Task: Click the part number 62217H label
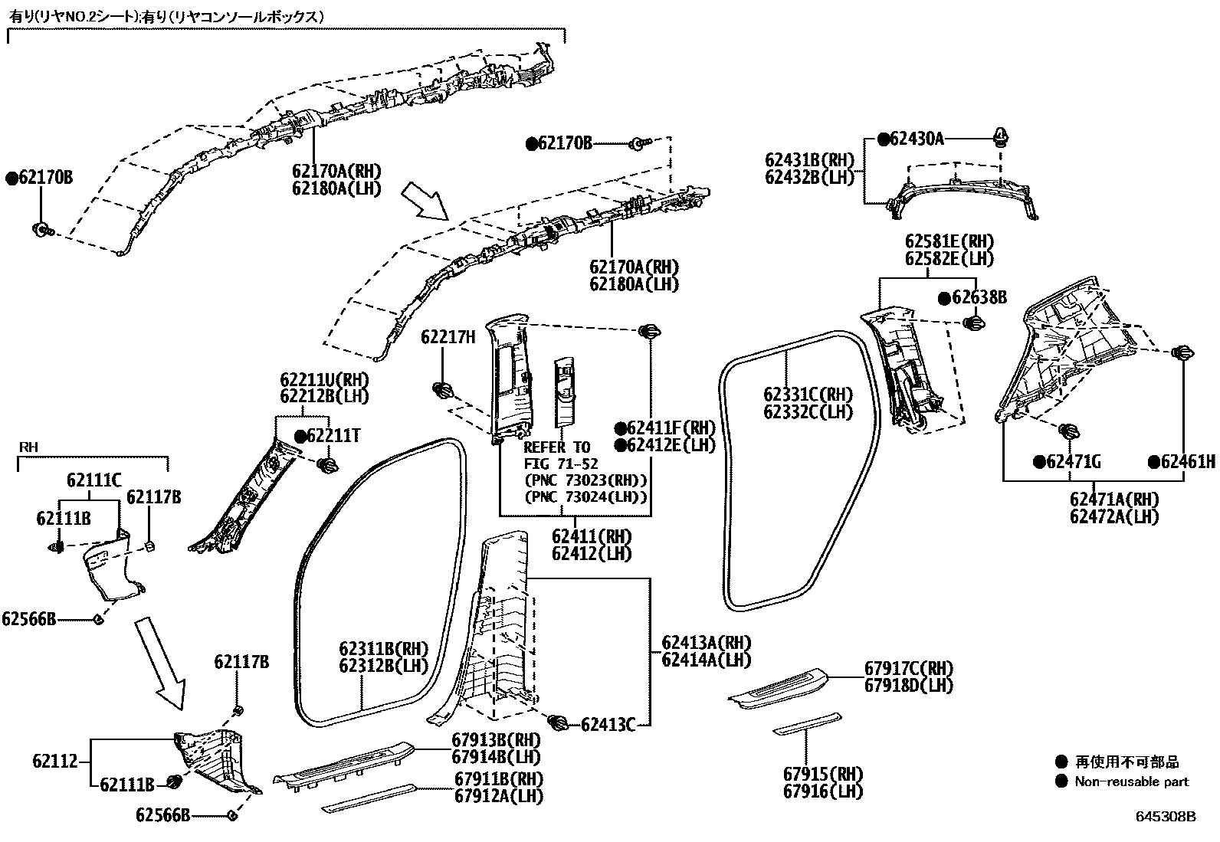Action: [x=448, y=336]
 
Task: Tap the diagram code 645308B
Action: [x=1165, y=817]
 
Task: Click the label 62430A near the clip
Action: [x=916, y=139]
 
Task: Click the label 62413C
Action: [x=608, y=724]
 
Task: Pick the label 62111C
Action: [x=93, y=480]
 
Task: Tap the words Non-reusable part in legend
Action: [x=1131, y=781]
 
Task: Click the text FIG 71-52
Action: [x=560, y=464]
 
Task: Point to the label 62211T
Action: [x=333, y=436]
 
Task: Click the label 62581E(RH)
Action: [x=949, y=241]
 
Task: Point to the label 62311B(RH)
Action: [x=384, y=649]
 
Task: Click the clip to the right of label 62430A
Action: [x=1002, y=137]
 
